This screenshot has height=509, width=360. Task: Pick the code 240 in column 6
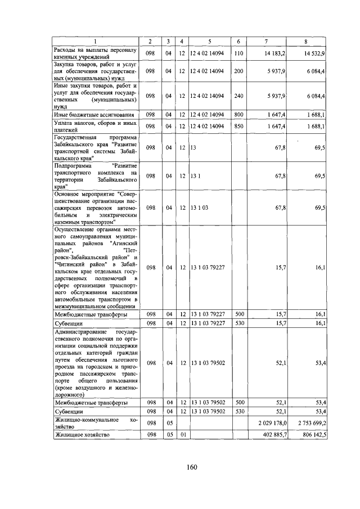pyautogui.click(x=238, y=96)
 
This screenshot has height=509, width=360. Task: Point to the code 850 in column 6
pyautogui.click(x=238, y=127)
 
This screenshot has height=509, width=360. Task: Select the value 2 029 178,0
pyautogui.click(x=273, y=422)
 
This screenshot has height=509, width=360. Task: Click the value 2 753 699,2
pyautogui.click(x=312, y=422)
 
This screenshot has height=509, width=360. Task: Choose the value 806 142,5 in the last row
pyautogui.click(x=313, y=435)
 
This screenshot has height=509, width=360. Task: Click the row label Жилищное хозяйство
pyautogui.click(x=82, y=435)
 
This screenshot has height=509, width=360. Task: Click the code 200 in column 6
pyautogui.click(x=238, y=71)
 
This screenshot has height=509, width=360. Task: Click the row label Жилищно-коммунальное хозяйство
pyautogui.click(x=94, y=422)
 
